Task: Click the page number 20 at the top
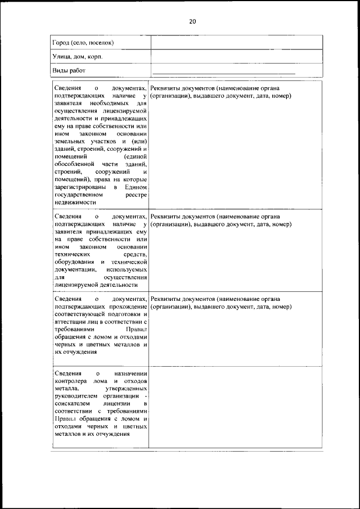click(192, 21)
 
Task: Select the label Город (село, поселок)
click(83, 43)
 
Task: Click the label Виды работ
click(69, 71)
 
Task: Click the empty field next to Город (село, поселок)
click(236, 43)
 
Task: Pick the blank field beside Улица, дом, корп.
click(236, 57)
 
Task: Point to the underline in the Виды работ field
click(224, 73)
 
